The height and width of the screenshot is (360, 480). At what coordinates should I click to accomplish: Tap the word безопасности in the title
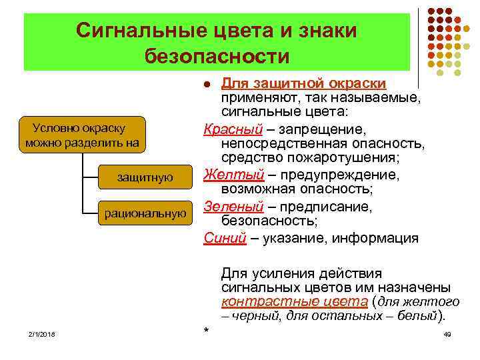(217, 56)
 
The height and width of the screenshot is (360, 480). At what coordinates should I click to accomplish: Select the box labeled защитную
(145, 177)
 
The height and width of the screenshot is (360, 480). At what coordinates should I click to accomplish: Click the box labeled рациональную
(145, 213)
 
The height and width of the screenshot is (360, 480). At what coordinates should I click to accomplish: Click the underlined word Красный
(227, 128)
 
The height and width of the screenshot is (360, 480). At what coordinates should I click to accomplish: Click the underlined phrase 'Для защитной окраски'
(303, 83)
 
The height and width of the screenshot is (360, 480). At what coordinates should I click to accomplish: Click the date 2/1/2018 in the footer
(41, 333)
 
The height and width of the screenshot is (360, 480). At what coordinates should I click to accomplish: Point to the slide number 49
(447, 333)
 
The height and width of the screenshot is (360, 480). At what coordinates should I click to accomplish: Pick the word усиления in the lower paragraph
(279, 273)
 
